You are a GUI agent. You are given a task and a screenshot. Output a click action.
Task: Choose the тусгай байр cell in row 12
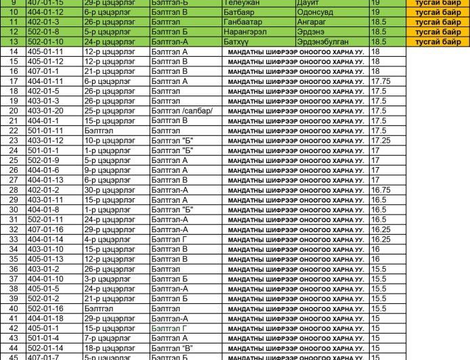[x=437, y=31]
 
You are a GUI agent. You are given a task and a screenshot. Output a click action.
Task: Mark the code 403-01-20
[x=45, y=111]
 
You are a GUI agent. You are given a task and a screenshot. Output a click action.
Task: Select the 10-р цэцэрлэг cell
[x=104, y=140]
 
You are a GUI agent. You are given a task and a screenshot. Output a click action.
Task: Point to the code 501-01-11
[x=45, y=131]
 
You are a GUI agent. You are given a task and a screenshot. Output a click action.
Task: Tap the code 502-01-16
[x=45, y=308]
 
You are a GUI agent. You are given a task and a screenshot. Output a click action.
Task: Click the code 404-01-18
[x=45, y=318]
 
